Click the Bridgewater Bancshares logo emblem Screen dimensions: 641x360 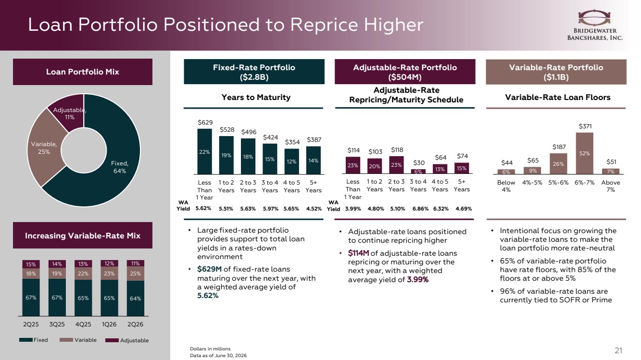click(x=594, y=18)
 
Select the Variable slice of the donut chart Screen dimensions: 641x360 click(x=43, y=148)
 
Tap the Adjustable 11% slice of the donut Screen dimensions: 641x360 click(x=68, y=113)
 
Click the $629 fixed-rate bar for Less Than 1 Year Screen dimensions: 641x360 click(x=204, y=151)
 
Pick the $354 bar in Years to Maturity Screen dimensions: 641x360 click(x=291, y=161)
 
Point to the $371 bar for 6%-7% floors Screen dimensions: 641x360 click(x=584, y=153)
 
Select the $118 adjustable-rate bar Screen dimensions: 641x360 click(x=396, y=165)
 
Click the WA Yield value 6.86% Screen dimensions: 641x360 click(x=420, y=209)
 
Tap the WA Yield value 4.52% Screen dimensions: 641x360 click(x=314, y=209)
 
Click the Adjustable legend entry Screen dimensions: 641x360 click(x=127, y=340)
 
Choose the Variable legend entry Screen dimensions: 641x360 click(x=78, y=340)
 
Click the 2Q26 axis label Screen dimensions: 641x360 click(x=135, y=324)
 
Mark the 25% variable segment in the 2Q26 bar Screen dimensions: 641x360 click(x=135, y=273)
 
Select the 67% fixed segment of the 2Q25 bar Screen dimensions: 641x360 click(x=31, y=298)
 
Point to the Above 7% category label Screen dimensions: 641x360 click(x=610, y=186)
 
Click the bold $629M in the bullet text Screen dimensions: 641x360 click(x=209, y=269)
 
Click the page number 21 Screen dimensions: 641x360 click(x=618, y=350)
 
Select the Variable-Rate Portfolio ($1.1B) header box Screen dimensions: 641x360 click(x=556, y=72)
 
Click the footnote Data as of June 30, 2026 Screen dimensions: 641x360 click(x=218, y=355)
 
